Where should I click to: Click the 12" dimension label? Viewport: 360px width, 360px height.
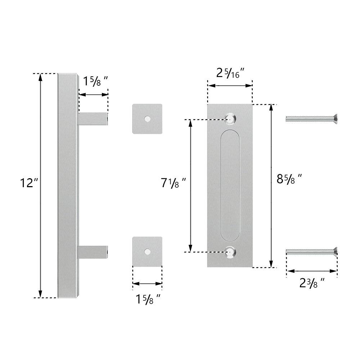coord(29,183)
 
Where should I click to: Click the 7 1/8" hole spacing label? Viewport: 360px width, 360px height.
coord(173,183)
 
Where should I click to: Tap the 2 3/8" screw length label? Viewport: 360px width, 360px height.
coord(312,283)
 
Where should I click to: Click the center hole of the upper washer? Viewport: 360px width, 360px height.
coord(147,119)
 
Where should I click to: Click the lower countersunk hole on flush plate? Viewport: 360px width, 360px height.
coord(230,252)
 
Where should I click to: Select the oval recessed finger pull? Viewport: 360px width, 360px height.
coord(230,185)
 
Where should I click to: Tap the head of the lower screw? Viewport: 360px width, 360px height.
coord(335,252)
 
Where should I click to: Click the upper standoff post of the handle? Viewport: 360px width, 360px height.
coord(93,119)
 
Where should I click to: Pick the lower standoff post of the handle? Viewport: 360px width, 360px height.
coord(93,251)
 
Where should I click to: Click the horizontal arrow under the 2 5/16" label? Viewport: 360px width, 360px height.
coord(230,86)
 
